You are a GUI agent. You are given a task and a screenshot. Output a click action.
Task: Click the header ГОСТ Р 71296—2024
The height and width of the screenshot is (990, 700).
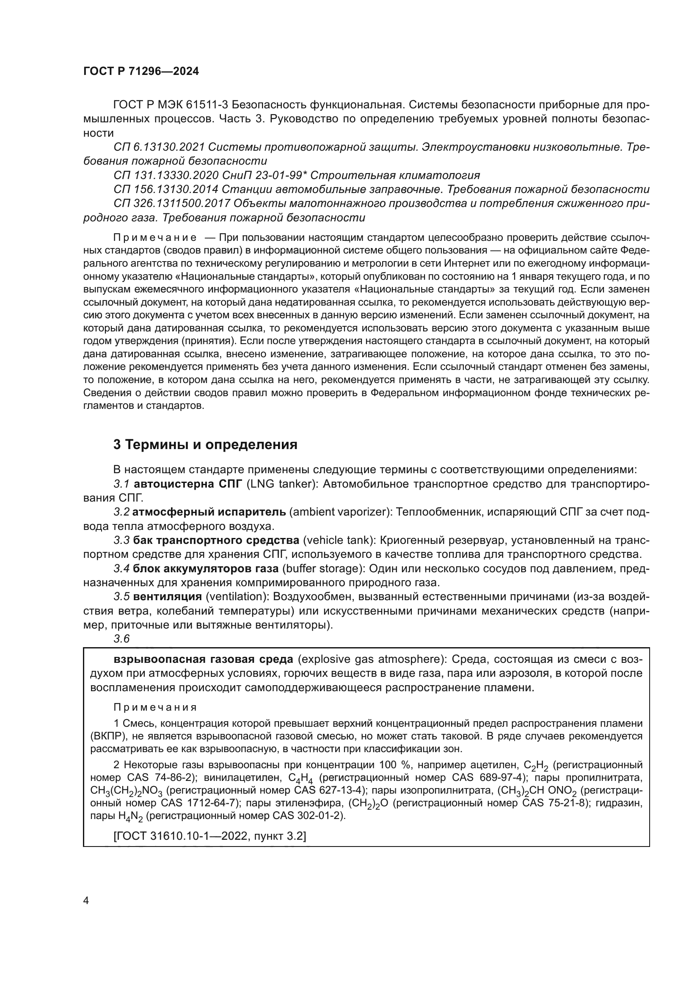tap(141, 72)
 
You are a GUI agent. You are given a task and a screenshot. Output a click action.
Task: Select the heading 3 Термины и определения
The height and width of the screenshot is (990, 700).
tap(205, 444)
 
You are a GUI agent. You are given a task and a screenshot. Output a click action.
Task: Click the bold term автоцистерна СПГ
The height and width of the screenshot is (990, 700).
tap(188, 484)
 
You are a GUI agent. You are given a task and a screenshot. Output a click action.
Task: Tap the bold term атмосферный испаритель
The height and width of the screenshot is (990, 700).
tap(209, 512)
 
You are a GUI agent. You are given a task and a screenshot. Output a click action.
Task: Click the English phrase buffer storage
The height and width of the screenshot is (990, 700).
tap(321, 569)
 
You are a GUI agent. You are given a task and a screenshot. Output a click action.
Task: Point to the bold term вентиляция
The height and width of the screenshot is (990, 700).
tap(167, 597)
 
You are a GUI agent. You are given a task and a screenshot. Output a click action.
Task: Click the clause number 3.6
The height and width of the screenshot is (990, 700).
tap(121, 639)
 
